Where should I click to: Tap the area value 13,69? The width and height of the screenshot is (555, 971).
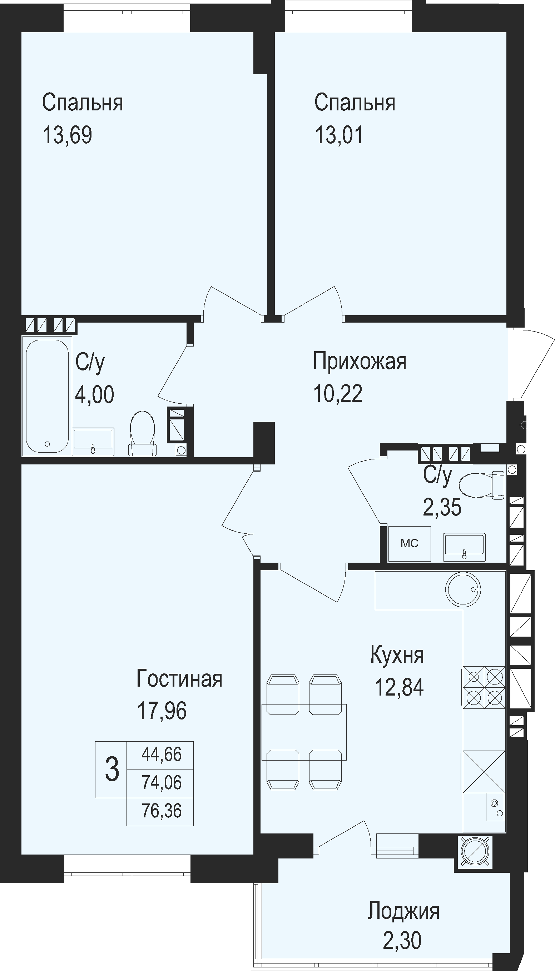click(68, 135)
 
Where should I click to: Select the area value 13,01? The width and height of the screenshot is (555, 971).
click(339, 135)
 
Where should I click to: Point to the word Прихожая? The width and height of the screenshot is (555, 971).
click(360, 361)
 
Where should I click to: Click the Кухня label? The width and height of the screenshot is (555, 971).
click(397, 655)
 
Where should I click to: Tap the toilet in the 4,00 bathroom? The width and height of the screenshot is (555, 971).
click(142, 433)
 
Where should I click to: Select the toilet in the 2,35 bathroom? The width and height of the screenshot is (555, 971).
click(482, 485)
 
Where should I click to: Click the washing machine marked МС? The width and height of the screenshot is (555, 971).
click(410, 544)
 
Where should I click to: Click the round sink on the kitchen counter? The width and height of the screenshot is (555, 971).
click(463, 589)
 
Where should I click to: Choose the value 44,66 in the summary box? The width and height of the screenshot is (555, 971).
click(162, 754)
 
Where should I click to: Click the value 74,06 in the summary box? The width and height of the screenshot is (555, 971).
click(162, 782)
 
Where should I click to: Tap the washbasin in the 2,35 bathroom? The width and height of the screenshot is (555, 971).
click(464, 547)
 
